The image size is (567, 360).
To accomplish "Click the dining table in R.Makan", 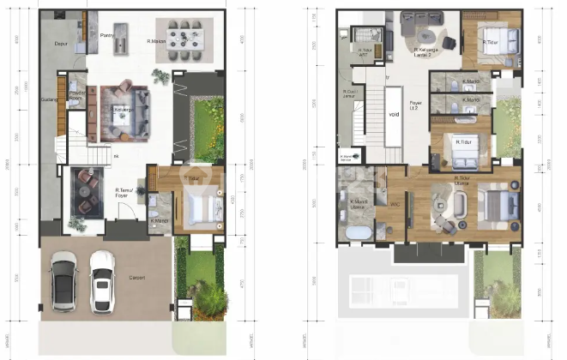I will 184,37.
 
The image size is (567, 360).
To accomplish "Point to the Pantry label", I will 107,35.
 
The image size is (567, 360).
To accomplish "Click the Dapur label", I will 60,40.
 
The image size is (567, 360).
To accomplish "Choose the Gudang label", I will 48,99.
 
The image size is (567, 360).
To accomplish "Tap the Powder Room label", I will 75,95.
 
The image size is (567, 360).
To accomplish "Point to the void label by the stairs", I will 394,114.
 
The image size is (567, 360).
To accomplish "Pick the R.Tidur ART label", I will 364,51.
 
